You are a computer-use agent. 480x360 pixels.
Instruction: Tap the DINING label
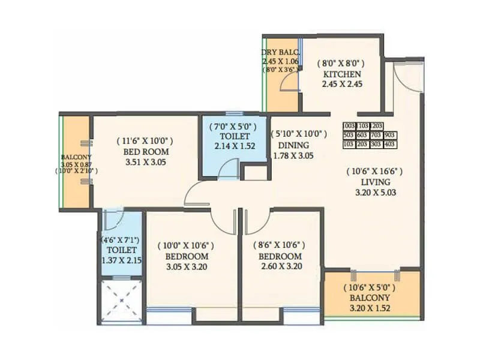coord(293,145)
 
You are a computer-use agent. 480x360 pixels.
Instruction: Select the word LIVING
coord(376,182)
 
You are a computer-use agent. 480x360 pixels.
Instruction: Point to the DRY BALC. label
coord(280,52)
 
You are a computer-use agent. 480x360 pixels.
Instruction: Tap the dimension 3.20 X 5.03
coord(376,193)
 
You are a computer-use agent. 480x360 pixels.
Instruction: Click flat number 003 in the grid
coord(350,126)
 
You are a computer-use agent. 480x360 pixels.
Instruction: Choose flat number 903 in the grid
coord(390,135)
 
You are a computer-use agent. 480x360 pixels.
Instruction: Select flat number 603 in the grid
coord(363,135)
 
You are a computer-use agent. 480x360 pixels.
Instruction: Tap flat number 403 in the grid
coord(390,145)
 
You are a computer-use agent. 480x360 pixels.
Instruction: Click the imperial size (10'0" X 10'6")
coord(185,245)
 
